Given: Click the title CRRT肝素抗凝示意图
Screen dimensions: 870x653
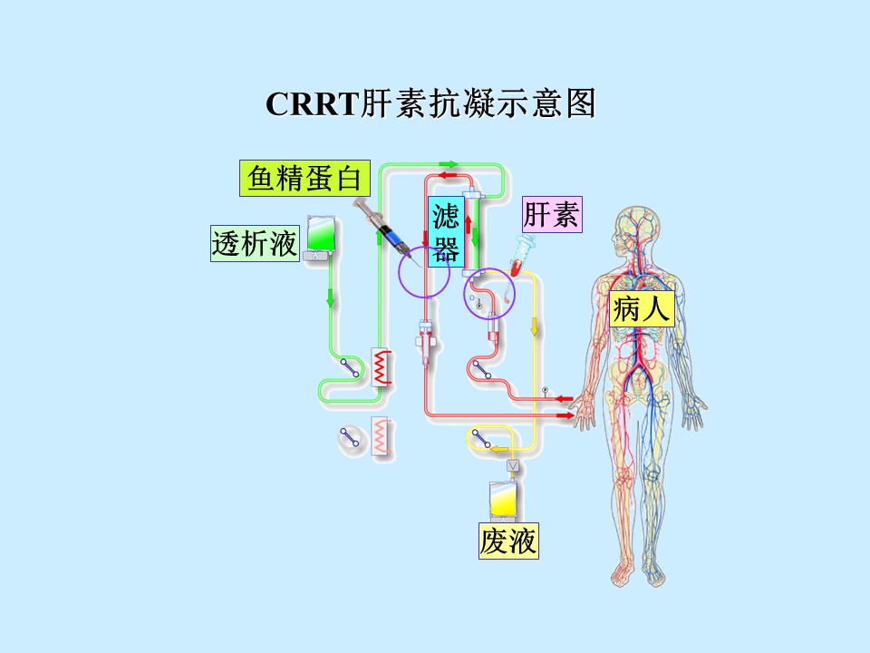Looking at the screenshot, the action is (430, 103).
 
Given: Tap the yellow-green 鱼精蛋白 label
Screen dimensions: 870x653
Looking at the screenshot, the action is (304, 179).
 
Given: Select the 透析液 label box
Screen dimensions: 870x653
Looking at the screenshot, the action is (256, 243).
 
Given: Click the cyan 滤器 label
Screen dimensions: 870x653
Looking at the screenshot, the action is (446, 231).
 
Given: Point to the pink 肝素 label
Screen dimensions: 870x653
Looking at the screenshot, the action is (552, 214).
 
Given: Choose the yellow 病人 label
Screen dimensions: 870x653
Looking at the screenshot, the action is (642, 308).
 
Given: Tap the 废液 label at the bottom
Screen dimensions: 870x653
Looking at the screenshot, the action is (508, 541).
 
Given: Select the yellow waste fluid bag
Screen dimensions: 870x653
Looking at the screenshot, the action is (505, 500).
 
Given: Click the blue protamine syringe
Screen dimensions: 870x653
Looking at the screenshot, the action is (389, 230).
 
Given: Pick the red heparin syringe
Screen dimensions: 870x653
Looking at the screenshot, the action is (520, 256).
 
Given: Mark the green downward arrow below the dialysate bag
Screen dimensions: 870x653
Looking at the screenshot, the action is (331, 297).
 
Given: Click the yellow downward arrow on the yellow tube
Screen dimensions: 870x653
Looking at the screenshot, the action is (535, 326).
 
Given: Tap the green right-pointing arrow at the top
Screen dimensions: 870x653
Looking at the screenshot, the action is (449, 164).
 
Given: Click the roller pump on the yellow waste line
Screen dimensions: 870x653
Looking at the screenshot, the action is (480, 439).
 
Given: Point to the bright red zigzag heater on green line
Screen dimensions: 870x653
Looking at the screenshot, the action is (382, 367).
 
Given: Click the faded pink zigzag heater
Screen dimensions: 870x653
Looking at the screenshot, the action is (382, 435).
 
